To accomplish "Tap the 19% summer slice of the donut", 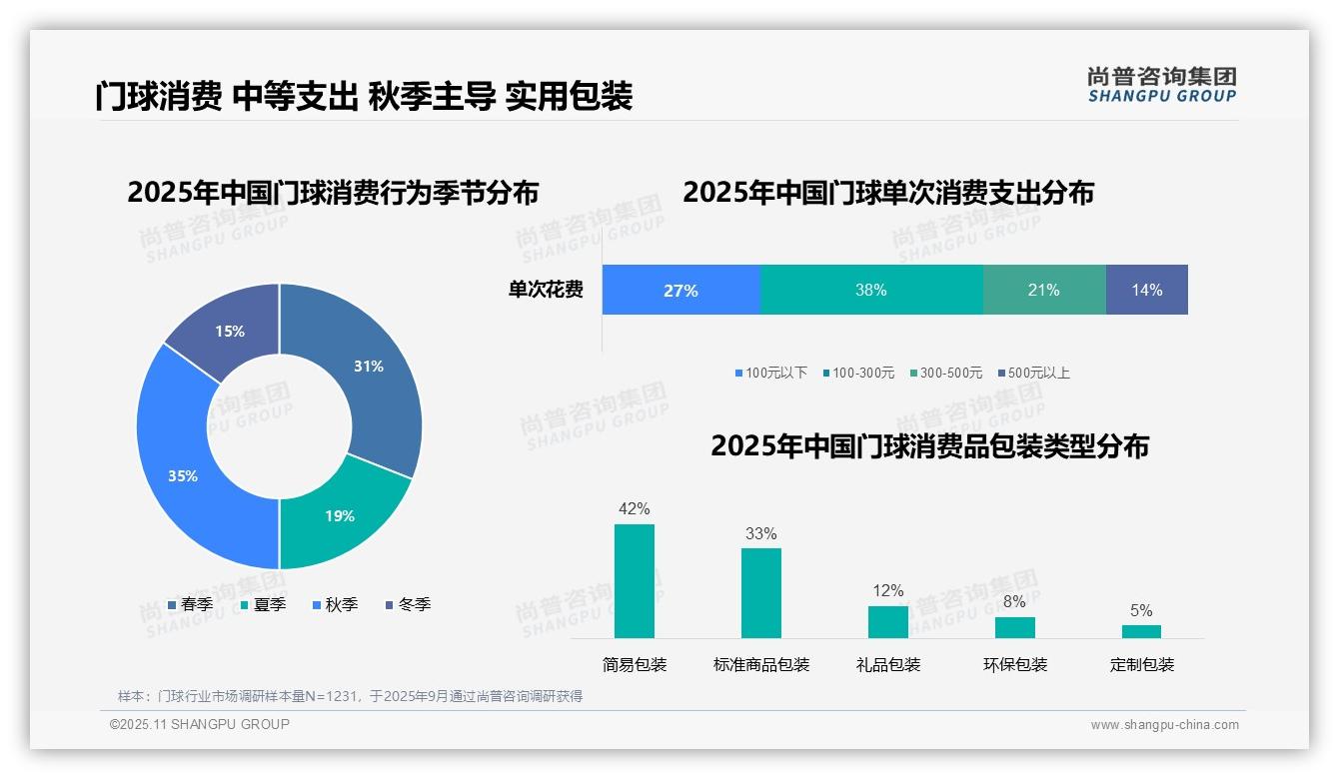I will point(340,514).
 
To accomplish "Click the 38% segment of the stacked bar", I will point(871,290).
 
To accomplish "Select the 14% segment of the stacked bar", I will point(1146,290).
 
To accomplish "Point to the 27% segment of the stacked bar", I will point(680,290).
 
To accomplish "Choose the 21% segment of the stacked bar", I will point(1043,290).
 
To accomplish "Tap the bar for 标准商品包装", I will point(760,593).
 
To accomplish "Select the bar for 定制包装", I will point(1141,631).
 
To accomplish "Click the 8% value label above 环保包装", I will point(1014,602).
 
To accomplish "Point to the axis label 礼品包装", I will point(888,665).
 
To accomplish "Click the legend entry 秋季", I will point(335,605).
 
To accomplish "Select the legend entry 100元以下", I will point(770,374).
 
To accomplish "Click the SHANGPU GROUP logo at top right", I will point(1161,85).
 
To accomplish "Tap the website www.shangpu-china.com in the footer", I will point(1164,725).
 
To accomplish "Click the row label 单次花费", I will point(546,291).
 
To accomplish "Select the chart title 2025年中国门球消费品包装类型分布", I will point(929,446).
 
